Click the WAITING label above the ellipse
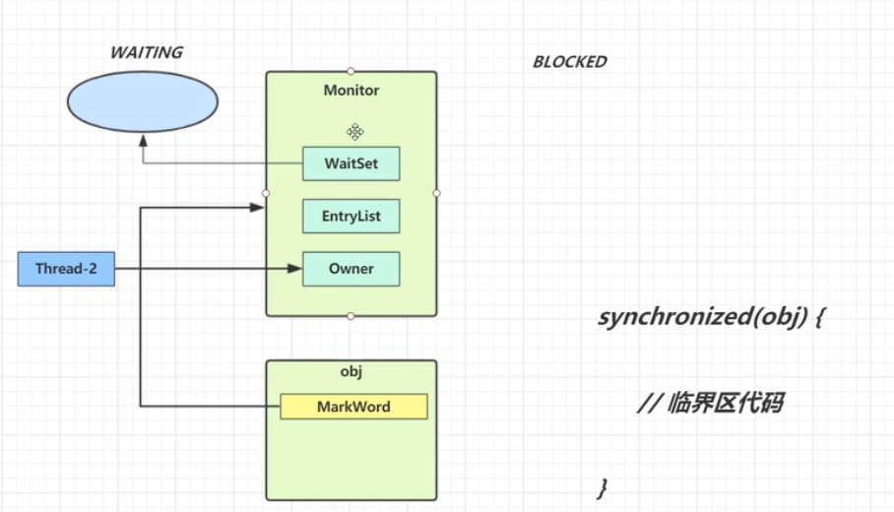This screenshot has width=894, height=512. click(146, 53)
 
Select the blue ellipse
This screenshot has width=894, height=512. click(143, 102)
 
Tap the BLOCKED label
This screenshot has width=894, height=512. click(569, 61)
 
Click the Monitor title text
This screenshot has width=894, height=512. click(351, 91)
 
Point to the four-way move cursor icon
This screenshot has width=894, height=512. click(355, 131)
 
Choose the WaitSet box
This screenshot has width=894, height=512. click(351, 164)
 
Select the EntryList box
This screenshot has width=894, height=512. click(351, 217)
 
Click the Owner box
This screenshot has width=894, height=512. click(351, 269)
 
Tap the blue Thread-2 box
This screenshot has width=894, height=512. click(66, 269)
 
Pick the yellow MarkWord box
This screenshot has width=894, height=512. click(353, 407)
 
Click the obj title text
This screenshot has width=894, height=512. click(351, 371)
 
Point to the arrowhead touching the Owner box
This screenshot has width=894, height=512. click(293, 269)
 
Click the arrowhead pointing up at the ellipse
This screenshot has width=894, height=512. click(143, 141)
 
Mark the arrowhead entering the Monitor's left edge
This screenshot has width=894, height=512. click(258, 208)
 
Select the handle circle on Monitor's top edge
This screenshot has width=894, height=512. click(351, 71)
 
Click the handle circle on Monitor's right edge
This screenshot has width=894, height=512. click(436, 193)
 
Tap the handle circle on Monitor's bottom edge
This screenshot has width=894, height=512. click(351, 316)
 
